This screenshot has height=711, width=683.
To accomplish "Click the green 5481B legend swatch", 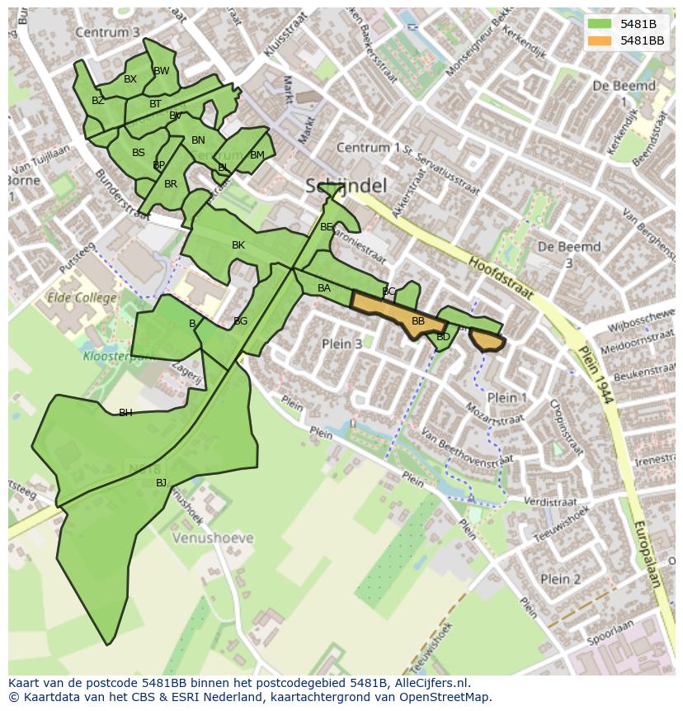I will (601, 24).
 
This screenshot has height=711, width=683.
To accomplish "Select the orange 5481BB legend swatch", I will (601, 40).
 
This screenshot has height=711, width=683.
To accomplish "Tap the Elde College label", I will (81, 297).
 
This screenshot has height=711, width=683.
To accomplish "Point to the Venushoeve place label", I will (213, 538).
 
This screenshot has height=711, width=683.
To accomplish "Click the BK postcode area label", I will (238, 245).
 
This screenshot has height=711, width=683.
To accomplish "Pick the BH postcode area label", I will (125, 413).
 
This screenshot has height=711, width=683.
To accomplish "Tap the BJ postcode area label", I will (161, 483).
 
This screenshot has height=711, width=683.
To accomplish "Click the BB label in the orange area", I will (418, 321).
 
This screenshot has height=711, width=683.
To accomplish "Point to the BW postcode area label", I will (162, 71).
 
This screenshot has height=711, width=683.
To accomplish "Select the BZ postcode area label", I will (98, 101).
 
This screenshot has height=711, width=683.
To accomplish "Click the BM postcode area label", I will (257, 155).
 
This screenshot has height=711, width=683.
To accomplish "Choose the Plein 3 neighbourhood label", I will (341, 344).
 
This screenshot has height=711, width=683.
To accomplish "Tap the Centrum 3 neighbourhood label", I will (106, 32).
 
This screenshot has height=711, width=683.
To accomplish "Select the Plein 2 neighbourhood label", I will (560, 579).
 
